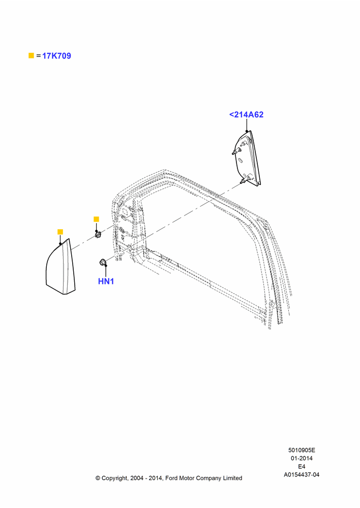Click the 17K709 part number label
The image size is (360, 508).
[56, 56]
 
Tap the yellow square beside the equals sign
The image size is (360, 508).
[31, 55]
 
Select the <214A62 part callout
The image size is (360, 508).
[246, 115]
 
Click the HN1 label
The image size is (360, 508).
[106, 281]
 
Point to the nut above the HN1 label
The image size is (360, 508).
[102, 262]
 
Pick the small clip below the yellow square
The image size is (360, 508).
[98, 234]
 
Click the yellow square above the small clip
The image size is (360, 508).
[96, 219]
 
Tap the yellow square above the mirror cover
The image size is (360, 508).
[60, 232]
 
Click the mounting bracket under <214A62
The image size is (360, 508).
[247, 158]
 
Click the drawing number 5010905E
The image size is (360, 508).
[302, 450]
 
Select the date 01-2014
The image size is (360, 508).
[302, 458]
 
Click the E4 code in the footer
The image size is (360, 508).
[302, 466]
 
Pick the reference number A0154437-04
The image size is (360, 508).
[302, 474]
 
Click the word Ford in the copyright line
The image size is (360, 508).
[171, 478]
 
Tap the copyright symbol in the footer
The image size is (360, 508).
[98, 478]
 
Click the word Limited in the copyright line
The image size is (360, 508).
[232, 478]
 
